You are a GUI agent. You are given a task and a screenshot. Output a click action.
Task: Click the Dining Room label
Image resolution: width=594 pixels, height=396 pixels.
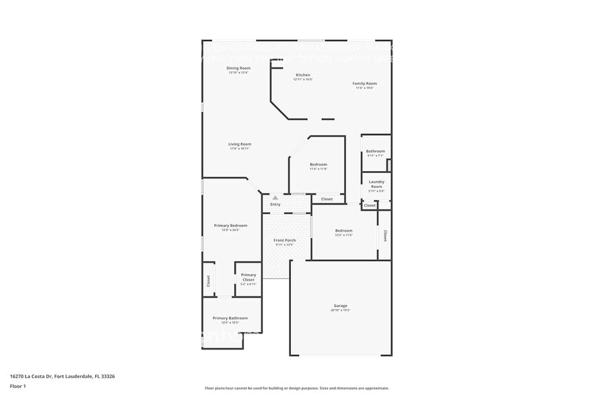point(238,68)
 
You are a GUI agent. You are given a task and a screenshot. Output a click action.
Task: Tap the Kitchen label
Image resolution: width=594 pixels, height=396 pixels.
point(303,75)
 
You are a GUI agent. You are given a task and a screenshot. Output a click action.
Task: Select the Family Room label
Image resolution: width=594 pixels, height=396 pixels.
point(364,84)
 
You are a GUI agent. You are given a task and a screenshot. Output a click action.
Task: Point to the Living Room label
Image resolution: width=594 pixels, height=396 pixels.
point(239,143)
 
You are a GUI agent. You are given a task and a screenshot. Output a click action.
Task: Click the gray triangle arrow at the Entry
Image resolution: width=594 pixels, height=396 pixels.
point(275,197)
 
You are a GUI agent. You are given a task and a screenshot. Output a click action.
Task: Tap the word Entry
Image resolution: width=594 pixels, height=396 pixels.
point(275,204)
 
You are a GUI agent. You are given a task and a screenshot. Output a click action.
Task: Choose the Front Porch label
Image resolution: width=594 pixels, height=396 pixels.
point(284,240)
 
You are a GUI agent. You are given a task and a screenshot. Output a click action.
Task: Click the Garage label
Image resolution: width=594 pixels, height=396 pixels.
point(340,306)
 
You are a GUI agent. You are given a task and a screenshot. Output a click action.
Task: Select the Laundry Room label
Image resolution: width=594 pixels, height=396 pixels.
point(376,184)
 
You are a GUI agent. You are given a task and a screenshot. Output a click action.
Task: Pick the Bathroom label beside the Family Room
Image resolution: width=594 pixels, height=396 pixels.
point(375,151)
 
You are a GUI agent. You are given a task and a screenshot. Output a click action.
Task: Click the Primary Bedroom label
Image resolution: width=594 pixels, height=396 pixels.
point(230,226)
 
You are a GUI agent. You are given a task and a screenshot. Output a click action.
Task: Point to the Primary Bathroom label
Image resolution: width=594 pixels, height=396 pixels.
point(230,318)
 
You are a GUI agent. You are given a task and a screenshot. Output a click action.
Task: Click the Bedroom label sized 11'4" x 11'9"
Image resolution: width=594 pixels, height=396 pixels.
point(318,164)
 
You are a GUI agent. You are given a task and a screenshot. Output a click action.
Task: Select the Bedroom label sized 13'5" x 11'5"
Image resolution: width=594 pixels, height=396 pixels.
point(343,230)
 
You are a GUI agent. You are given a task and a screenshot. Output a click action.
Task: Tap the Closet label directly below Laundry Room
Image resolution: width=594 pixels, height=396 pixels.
point(369,205)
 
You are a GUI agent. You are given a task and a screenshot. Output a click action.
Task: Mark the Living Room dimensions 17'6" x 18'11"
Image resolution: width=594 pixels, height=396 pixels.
point(239,149)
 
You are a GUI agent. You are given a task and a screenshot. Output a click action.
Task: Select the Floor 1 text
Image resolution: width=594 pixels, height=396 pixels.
point(18,386)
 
